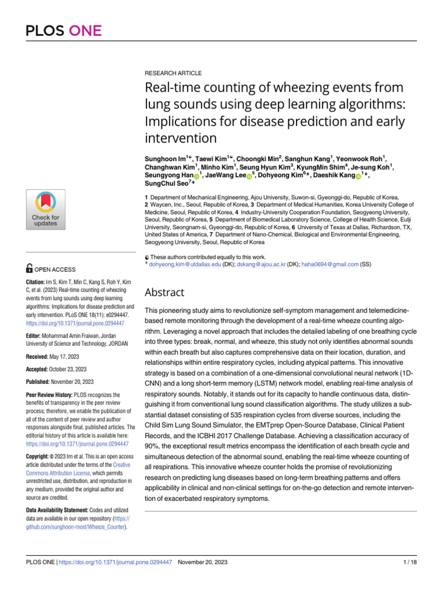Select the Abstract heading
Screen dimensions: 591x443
[164, 291]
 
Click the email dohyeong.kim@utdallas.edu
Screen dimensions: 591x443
[185, 264]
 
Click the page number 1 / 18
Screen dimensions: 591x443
[408, 562]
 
